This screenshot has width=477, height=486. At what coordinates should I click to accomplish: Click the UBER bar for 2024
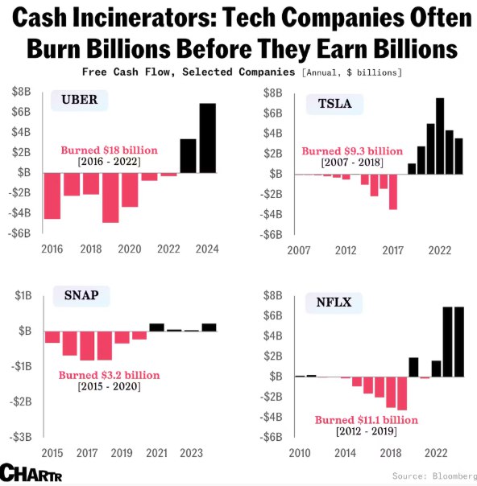pyautogui.click(x=208, y=138)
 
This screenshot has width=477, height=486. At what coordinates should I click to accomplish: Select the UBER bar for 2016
pyautogui.click(x=52, y=196)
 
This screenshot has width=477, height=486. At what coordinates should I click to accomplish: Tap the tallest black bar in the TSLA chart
pyautogui.click(x=440, y=136)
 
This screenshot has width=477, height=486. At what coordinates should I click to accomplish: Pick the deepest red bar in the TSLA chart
pyautogui.click(x=393, y=192)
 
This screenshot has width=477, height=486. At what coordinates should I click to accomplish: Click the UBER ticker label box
pyautogui.click(x=80, y=100)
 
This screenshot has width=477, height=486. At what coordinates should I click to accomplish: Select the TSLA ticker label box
pyautogui.click(x=334, y=104)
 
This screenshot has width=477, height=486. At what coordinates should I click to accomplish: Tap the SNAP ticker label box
pyautogui.click(x=81, y=296)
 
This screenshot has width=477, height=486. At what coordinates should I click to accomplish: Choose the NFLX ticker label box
pyautogui.click(x=334, y=303)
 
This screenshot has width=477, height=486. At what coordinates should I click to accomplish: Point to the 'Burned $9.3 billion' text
pyautogui.click(x=352, y=151)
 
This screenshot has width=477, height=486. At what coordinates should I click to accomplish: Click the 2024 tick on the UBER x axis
pyautogui.click(x=207, y=249)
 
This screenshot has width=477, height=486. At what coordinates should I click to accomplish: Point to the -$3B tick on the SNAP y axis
pyautogui.click(x=21, y=437)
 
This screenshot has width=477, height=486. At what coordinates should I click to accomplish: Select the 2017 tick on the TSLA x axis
pyautogui.click(x=392, y=250)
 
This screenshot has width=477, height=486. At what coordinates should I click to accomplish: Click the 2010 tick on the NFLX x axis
pyautogui.click(x=300, y=453)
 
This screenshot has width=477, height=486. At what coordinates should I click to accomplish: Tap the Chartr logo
pyautogui.click(x=31, y=472)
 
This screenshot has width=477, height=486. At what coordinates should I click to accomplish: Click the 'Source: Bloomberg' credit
pyautogui.click(x=434, y=476)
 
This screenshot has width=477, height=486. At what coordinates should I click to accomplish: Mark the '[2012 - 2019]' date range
pyautogui.click(x=367, y=431)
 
